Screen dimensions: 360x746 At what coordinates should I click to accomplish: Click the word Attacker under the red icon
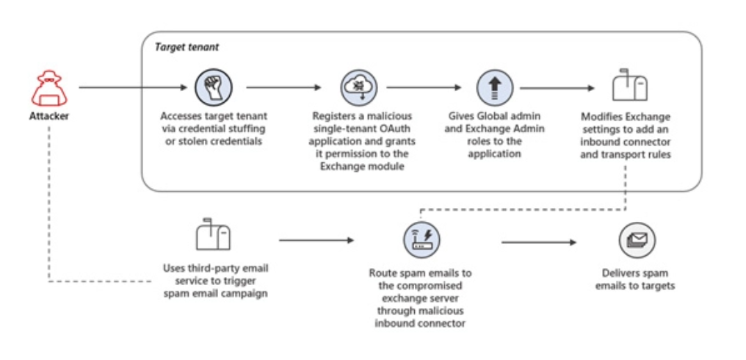click(x=49, y=116)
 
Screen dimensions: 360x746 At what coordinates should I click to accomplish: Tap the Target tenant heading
click(x=186, y=47)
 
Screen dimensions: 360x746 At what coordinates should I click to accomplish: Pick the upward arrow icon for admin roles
click(x=490, y=87)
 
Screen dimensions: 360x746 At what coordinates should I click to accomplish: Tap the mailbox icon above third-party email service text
click(x=214, y=237)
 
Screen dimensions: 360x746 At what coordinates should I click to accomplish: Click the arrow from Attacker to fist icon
click(x=133, y=87)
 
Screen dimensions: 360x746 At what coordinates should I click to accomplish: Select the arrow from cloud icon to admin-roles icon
click(x=424, y=87)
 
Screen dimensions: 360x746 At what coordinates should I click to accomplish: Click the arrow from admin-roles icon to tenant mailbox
click(x=557, y=88)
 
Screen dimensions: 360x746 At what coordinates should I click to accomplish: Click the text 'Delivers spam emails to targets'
click(x=635, y=279)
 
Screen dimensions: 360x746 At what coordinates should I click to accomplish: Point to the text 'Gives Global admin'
click(x=490, y=117)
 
